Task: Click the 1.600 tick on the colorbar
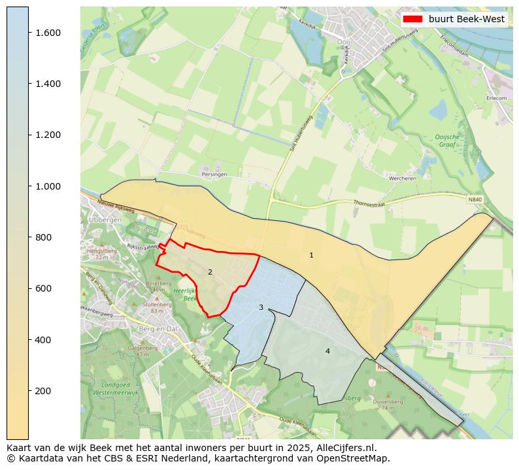pos(48,33)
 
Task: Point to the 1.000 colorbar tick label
pos(48,186)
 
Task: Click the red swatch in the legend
pos(413,19)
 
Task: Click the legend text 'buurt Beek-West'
pos(467,19)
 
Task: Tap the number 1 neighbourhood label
pos(311,255)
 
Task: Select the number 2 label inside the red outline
pos(210,272)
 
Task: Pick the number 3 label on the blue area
pos(261,307)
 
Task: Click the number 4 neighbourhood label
pos(327,351)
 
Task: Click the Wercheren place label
pos(402,178)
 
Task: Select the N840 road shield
pos(475,199)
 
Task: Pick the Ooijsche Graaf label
pos(448,141)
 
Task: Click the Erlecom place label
pos(496,98)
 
